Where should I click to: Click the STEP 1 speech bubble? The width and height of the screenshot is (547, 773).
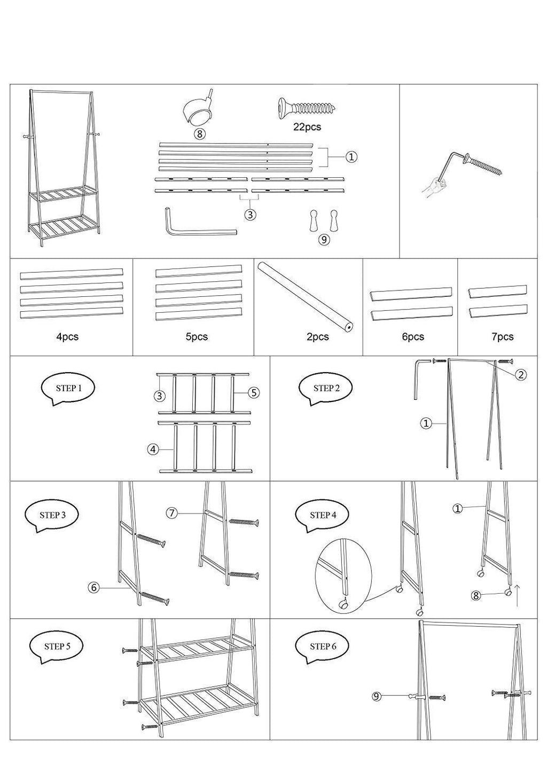(69, 389)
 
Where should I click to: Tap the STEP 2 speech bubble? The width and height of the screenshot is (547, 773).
(326, 389)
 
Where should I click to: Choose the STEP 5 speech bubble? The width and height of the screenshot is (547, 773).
(57, 646)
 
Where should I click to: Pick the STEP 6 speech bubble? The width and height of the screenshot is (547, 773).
(323, 646)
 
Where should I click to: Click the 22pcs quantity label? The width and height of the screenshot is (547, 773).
(307, 128)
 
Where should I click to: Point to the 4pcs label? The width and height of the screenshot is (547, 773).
(67, 337)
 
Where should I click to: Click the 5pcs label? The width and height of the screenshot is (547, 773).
(197, 337)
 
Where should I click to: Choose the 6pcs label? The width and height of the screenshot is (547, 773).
(412, 337)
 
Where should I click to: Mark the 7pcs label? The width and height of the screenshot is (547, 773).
(502, 337)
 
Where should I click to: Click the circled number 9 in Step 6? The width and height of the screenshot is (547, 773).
(376, 696)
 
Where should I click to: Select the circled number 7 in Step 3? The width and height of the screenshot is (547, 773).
(171, 513)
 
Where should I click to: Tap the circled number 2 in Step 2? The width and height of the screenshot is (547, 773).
(521, 375)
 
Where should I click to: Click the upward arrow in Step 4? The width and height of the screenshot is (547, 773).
(517, 596)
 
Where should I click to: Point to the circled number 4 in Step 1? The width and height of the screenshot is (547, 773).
(153, 449)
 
